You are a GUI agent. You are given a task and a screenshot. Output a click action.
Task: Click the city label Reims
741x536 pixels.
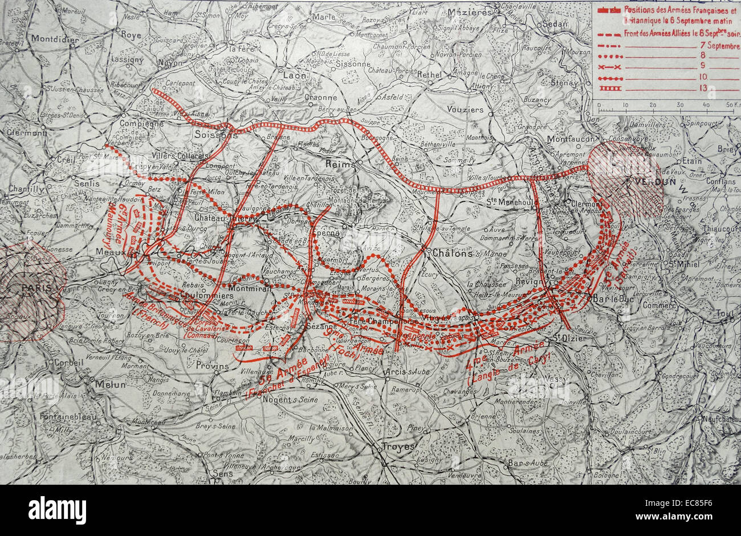[x=341, y=163]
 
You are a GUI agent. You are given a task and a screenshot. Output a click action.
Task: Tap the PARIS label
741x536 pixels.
[x=36, y=288]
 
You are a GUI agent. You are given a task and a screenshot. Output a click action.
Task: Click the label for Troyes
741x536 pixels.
[x=398, y=447]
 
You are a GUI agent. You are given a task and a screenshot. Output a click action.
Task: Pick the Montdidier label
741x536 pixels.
[x=56, y=39]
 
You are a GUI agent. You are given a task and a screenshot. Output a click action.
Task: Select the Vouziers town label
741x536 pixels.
[x=465, y=109]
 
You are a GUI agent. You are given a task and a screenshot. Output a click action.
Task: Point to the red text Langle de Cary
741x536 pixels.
[x=509, y=368]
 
